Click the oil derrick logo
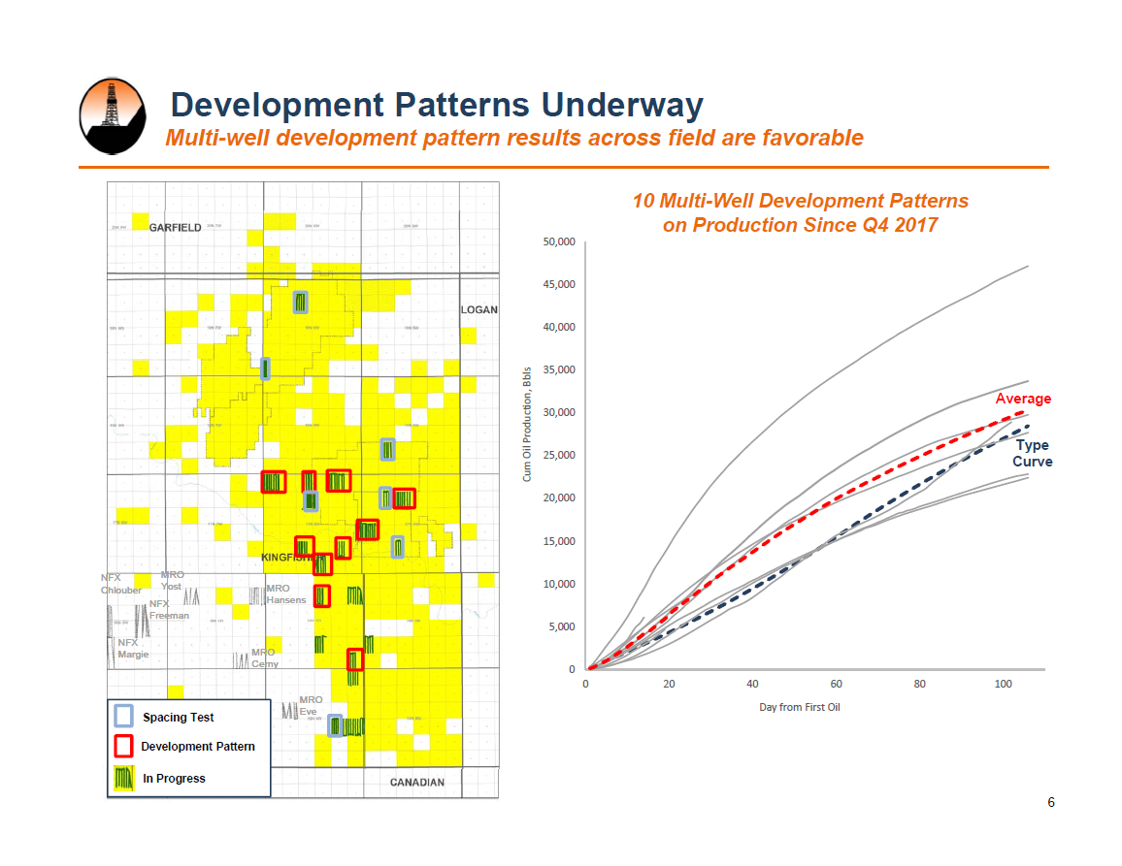[x=112, y=115]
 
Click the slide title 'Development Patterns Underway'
[x=437, y=105]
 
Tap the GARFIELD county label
[x=176, y=228]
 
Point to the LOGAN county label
[x=478, y=310]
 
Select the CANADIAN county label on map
[x=417, y=783]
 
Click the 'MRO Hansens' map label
[x=285, y=594]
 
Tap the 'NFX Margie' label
[x=133, y=648]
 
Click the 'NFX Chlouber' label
[x=121, y=584]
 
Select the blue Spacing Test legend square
[x=123, y=716]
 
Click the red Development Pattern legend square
[x=123, y=746]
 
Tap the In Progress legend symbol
[x=123, y=778]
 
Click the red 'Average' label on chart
[x=1023, y=399]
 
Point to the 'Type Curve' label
[x=1032, y=453]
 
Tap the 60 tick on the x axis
[x=836, y=685]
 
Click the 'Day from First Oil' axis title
[x=799, y=707]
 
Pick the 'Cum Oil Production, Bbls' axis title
[x=527, y=425]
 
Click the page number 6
[x=1051, y=802]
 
